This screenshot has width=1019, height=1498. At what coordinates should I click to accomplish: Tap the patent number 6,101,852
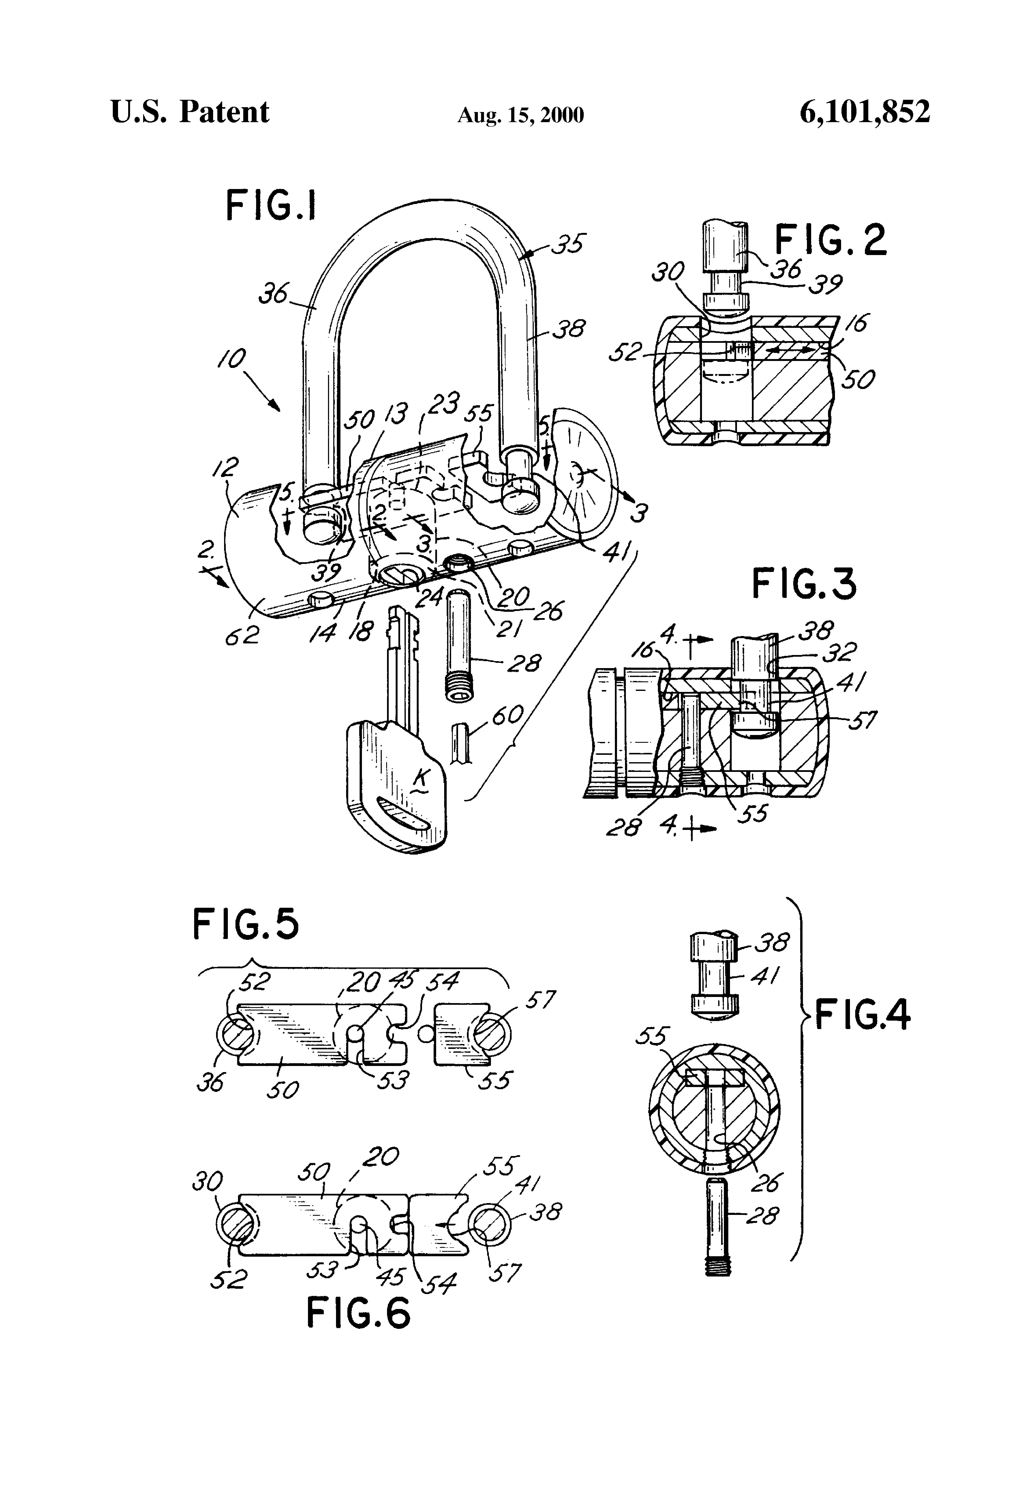(864, 112)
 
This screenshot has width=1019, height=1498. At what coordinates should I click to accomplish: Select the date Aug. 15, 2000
(520, 115)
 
